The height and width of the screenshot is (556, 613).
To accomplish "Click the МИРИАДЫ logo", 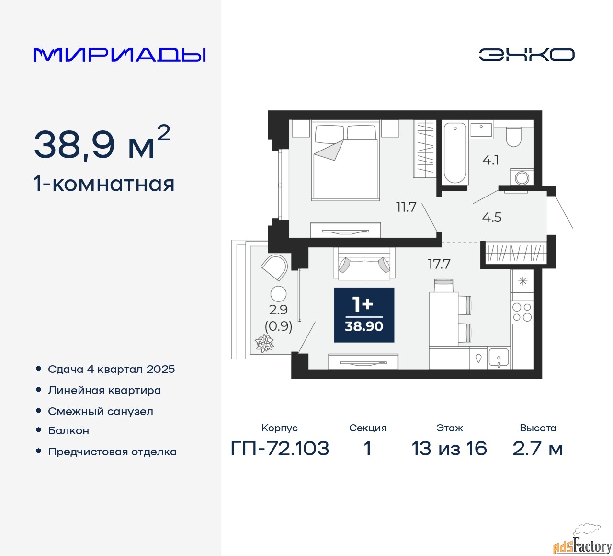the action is coord(119,55).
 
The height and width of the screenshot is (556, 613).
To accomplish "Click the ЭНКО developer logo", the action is coord(526,55).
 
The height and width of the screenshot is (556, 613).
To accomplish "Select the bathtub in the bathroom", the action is coord(455,153).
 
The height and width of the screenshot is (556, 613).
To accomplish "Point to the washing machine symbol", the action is coord(522,177).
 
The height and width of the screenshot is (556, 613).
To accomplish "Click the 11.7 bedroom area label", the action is coord(406,208).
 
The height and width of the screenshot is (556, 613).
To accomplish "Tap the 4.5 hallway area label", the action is coord(492,218).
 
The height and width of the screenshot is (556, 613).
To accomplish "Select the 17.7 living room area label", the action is coord(439,264).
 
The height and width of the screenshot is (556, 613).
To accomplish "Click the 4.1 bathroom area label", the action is coord(490,160).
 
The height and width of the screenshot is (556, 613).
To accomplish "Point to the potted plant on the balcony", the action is coord(265,343).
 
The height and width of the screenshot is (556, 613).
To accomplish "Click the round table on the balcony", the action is coord(278,294).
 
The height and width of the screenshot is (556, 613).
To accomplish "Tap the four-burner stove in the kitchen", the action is coord(522,312).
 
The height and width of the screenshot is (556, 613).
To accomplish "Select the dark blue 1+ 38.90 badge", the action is coord(364,315).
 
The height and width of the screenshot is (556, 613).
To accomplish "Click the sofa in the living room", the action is coord(364,264).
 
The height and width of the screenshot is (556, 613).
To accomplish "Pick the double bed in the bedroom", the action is coord(345,161).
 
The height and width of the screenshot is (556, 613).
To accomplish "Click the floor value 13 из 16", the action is coord(449,449).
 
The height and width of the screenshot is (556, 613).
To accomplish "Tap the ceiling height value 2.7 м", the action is coord(537,449).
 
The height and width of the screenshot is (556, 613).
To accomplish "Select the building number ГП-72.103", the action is coord(280,449).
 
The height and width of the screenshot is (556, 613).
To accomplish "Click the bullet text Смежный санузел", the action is coord(101,412).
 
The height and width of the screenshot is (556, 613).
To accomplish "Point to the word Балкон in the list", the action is coord(68,430).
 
